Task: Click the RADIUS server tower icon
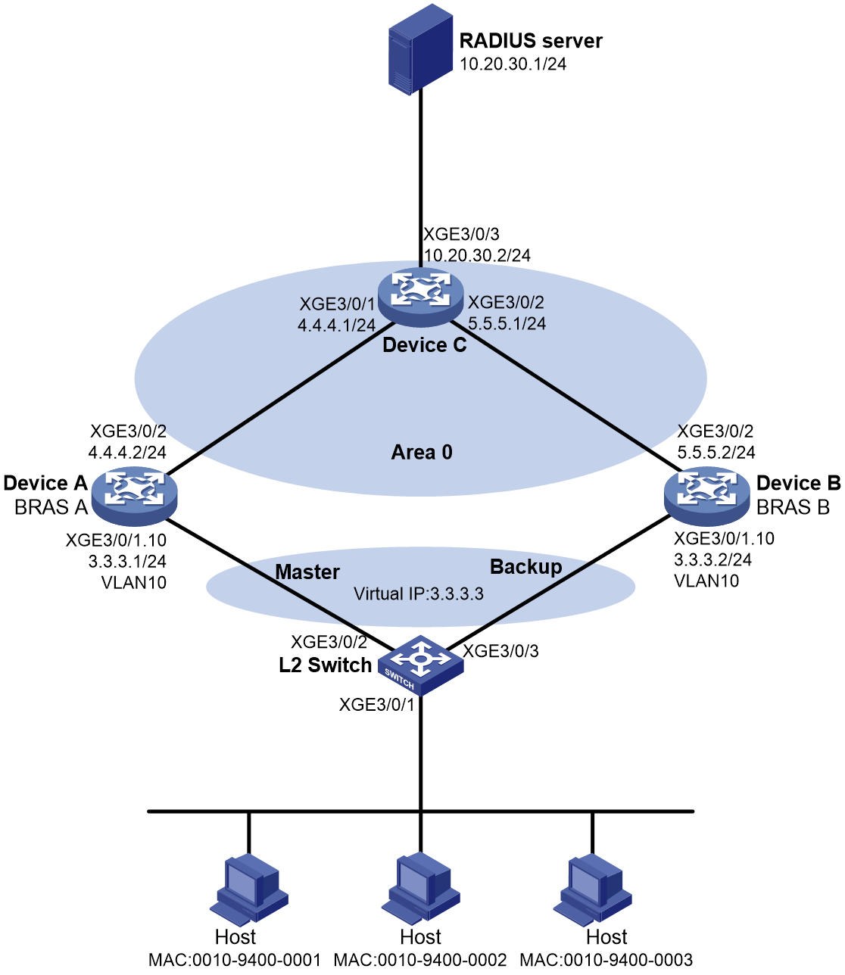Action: click(420, 49)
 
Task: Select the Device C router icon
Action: click(420, 297)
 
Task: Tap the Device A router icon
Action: click(134, 496)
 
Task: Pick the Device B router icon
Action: click(706, 496)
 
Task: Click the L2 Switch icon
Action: click(421, 665)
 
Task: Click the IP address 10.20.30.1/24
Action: click(513, 64)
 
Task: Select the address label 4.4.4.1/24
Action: click(336, 325)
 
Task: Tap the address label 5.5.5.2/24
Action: click(716, 452)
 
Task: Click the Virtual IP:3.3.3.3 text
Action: click(419, 593)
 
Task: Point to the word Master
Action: click(307, 572)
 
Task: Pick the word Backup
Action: click(526, 567)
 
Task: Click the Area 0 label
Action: click(422, 452)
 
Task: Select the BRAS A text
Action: click(51, 507)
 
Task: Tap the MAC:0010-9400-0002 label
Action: click(420, 959)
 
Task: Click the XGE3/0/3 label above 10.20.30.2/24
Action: click(461, 234)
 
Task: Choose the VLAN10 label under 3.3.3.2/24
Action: click(706, 581)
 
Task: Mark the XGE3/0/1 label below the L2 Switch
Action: click(376, 704)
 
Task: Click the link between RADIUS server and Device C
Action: click(420, 180)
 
